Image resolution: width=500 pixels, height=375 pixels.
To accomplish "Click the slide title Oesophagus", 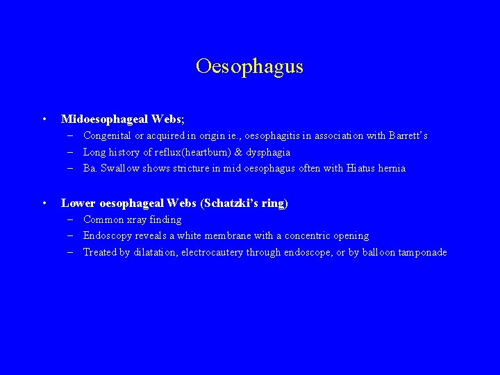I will [x=249, y=66].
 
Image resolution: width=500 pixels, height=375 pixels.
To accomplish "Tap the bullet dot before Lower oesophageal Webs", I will [x=44, y=203].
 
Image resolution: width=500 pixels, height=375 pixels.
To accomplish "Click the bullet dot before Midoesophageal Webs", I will [x=44, y=119].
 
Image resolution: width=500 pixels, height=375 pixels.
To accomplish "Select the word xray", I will [x=135, y=219].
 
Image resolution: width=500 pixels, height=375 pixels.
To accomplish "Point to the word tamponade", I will [x=422, y=252].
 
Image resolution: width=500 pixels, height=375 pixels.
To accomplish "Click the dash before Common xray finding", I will [x=72, y=219].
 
